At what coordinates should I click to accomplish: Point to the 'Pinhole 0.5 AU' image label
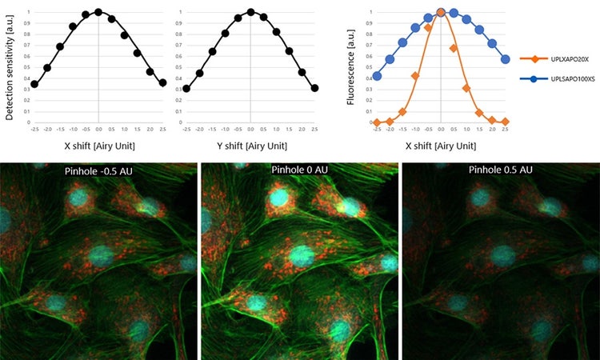click(499, 171)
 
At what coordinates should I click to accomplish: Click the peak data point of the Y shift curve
click(250, 12)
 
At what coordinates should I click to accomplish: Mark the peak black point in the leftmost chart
click(98, 12)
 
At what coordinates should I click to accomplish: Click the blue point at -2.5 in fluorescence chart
click(377, 76)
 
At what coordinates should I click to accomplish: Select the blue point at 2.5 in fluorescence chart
click(505, 59)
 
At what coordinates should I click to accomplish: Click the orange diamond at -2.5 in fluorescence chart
click(377, 122)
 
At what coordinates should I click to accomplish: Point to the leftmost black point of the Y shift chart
click(186, 89)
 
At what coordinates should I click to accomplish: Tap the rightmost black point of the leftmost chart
click(162, 82)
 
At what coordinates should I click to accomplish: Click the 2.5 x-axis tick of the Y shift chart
click(314, 129)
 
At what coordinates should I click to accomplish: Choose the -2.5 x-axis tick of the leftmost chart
click(34, 129)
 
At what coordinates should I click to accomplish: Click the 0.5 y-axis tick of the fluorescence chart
click(370, 67)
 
